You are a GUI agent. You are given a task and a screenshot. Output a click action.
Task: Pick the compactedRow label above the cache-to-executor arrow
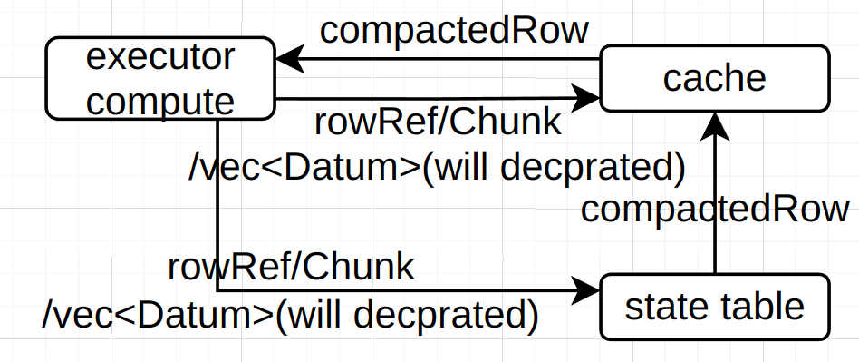coord(454,31)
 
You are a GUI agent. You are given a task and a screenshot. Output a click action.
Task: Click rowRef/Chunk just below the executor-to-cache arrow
coord(438,121)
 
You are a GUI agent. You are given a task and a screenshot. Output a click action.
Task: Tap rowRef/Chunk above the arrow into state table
coord(291,268)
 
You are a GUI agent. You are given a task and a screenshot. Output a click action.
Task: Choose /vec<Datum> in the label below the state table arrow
coord(158,315)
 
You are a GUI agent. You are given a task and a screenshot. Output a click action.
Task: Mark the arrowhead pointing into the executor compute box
coord(287,61)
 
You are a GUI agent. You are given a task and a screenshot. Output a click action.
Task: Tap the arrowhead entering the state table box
coord(588,291)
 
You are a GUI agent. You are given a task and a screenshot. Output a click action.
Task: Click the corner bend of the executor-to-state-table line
coord(218,291)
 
